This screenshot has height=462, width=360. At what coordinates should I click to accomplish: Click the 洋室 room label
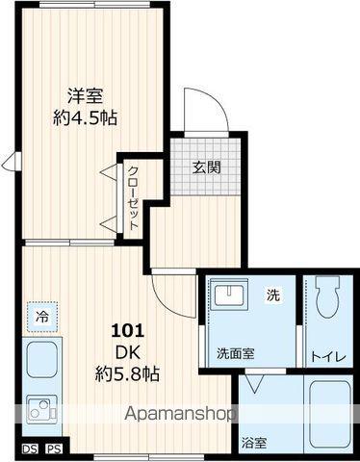[x=86, y=95]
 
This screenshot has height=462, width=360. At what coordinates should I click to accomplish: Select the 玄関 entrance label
[x=206, y=167]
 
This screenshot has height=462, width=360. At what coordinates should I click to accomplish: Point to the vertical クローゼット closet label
[x=132, y=196]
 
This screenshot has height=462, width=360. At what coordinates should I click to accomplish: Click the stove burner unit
[x=41, y=412]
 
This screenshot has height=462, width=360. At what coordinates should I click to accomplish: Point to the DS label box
[x=30, y=449]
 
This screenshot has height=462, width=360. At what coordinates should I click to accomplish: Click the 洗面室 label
[x=235, y=353]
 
